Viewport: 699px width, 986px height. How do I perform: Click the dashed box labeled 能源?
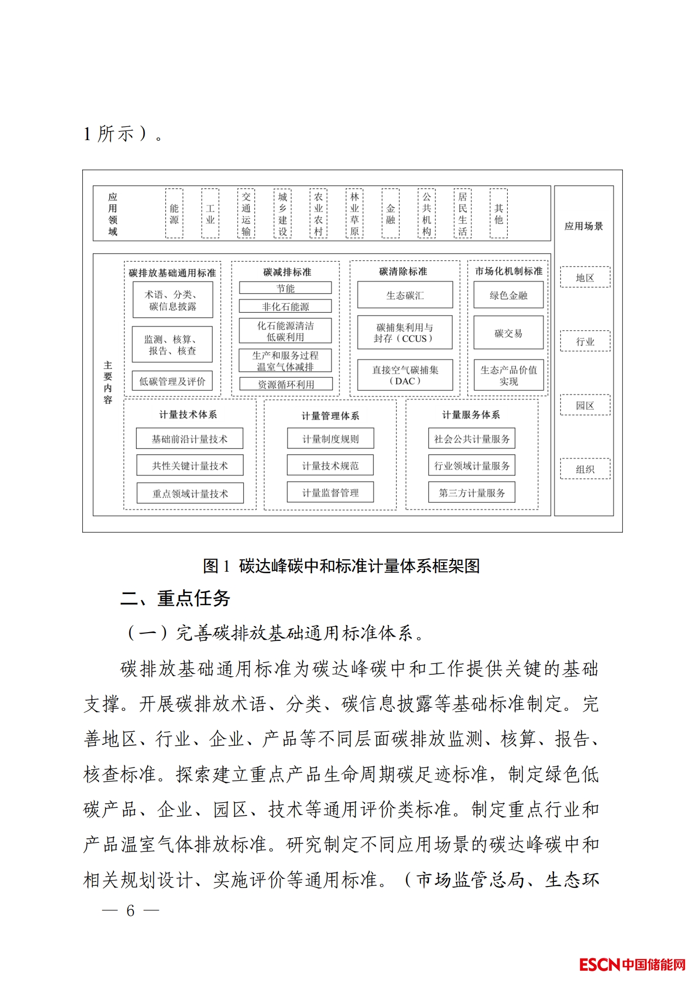point(174,213)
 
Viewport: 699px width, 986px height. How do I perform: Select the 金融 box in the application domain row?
point(390,213)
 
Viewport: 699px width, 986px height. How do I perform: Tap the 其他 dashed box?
point(498,213)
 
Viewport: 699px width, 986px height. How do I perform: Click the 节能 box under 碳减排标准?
point(285,288)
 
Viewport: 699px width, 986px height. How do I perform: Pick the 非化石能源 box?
point(285,306)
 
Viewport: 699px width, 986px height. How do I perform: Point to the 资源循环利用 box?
point(286,384)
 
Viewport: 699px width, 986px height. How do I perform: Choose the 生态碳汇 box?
point(405,295)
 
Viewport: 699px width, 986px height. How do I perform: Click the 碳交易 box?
point(508,333)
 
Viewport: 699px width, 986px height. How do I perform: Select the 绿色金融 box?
point(508,295)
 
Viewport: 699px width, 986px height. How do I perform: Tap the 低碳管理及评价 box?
point(172,381)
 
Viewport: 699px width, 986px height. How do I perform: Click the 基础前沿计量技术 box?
point(189,439)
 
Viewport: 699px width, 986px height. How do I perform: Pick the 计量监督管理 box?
point(330,492)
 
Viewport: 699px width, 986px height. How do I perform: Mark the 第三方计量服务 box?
point(472,492)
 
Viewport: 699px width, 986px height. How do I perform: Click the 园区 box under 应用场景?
point(585,405)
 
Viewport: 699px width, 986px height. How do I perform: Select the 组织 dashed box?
point(585,469)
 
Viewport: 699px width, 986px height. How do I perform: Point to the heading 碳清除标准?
point(403,272)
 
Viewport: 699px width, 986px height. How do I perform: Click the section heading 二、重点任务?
point(175,598)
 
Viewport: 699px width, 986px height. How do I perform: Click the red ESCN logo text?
point(600,964)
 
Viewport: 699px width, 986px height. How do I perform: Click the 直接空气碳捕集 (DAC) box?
point(405,375)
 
